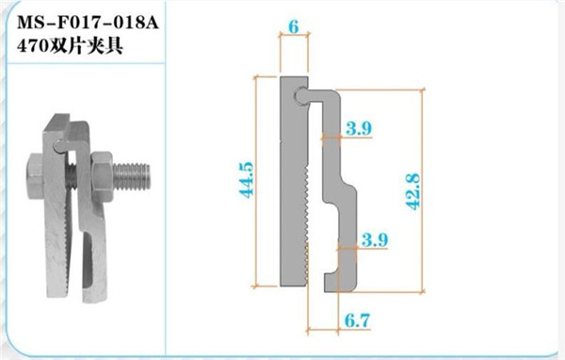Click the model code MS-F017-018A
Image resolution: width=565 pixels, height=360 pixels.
click(88, 23)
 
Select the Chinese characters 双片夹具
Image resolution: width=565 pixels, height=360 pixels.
click(86, 46)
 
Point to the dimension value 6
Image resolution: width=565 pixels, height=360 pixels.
click(294, 26)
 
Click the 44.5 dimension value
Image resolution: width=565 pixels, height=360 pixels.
click(247, 180)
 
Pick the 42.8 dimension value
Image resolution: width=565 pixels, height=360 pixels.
click(413, 191)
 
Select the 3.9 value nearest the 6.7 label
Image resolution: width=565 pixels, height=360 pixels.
click(375, 239)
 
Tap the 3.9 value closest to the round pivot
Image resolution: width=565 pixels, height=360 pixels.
click(359, 128)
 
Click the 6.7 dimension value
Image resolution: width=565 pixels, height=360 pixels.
click(357, 320)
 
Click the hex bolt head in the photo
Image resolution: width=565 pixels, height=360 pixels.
click(35, 175)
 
